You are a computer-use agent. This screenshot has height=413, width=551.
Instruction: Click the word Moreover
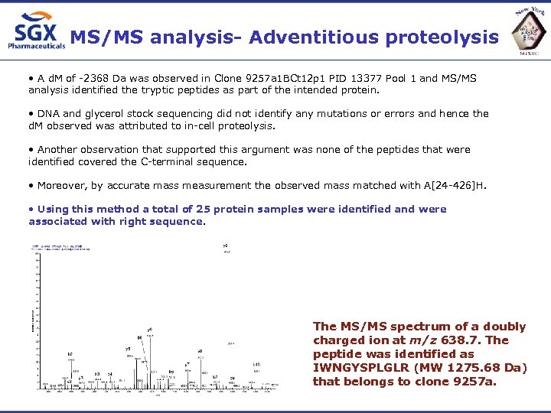(x=62, y=185)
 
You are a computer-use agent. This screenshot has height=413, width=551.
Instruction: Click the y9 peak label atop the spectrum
(x=226, y=246)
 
